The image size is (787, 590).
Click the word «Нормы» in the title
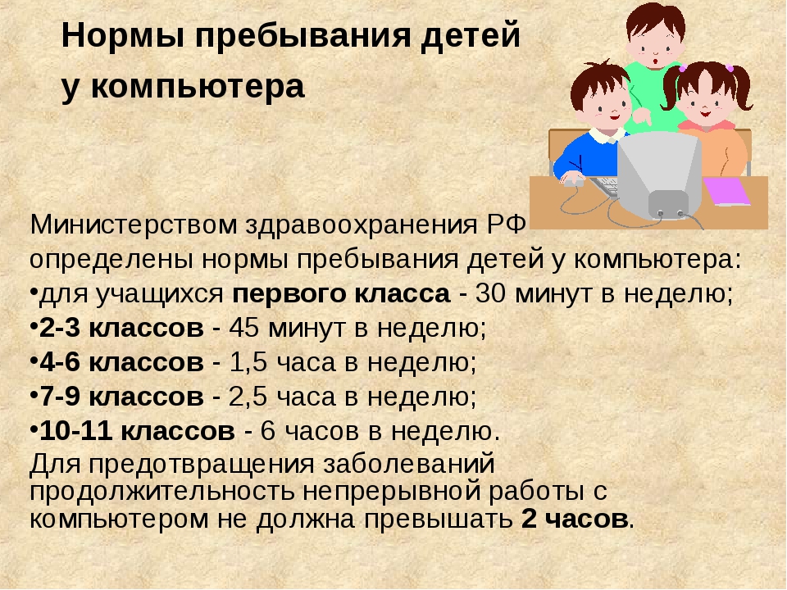(x=122, y=36)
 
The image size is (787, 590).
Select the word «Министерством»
(x=133, y=225)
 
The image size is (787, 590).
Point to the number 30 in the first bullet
(x=490, y=293)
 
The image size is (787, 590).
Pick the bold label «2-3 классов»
(x=121, y=328)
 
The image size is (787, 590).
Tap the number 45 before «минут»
(x=244, y=328)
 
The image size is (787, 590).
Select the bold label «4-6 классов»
(x=121, y=362)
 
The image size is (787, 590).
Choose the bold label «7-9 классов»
(x=121, y=397)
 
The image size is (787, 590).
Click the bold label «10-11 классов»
(x=137, y=431)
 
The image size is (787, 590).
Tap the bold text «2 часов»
(x=575, y=519)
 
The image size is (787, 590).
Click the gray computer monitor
(x=659, y=175)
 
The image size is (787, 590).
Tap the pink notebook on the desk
(x=726, y=191)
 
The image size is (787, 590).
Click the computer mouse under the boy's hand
(x=574, y=183)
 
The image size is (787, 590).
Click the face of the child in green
(x=656, y=44)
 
